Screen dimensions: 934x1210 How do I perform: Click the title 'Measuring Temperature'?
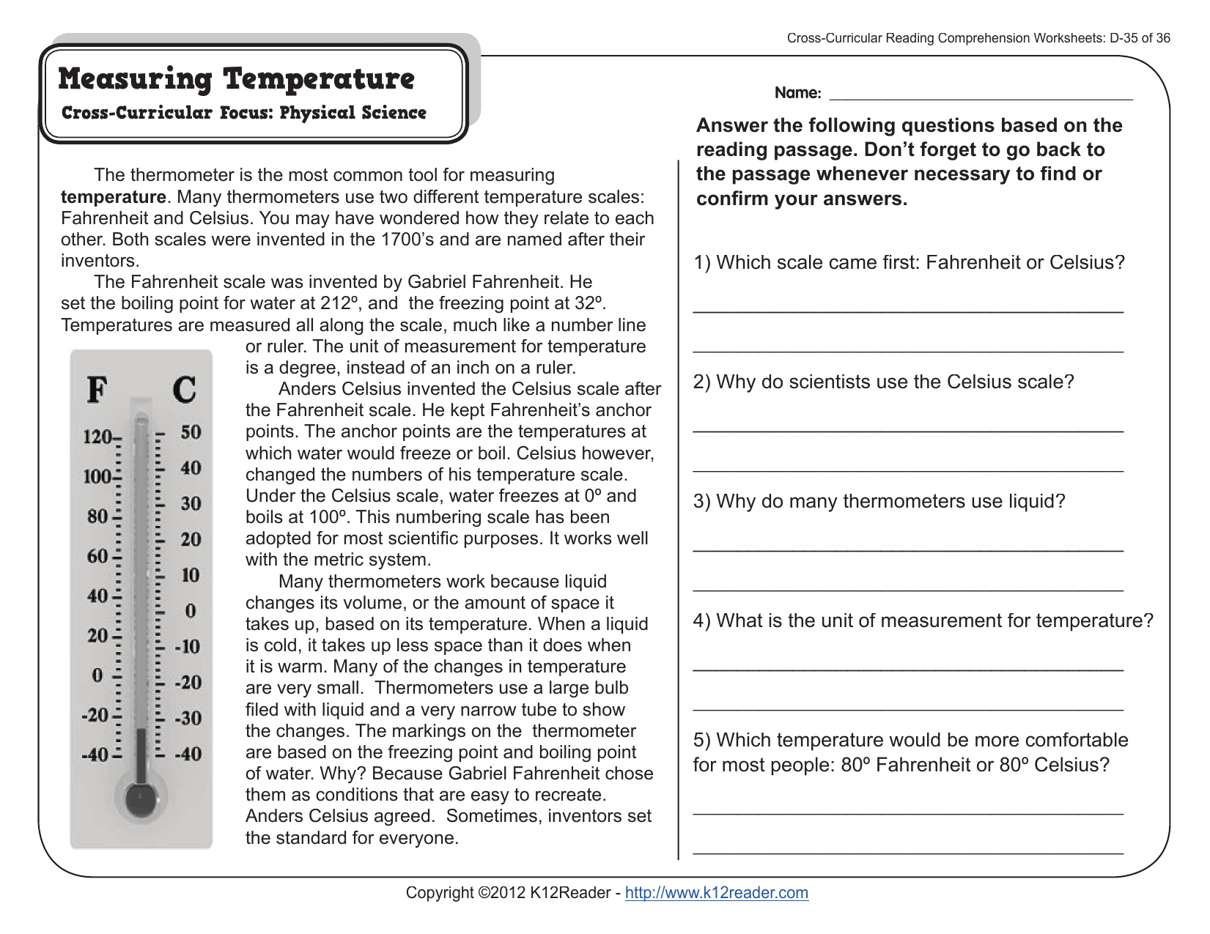coord(236,79)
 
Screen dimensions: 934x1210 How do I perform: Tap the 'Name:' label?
coord(797,93)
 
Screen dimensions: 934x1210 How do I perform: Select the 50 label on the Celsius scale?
coord(191,431)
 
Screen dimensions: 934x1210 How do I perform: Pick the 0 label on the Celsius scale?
coord(191,610)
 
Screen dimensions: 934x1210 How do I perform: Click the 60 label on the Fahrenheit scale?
coord(97,556)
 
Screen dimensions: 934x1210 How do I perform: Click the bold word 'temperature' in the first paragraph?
coord(113,197)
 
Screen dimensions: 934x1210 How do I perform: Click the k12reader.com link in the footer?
coord(716,892)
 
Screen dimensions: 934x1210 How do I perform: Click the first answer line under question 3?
coord(907,548)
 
